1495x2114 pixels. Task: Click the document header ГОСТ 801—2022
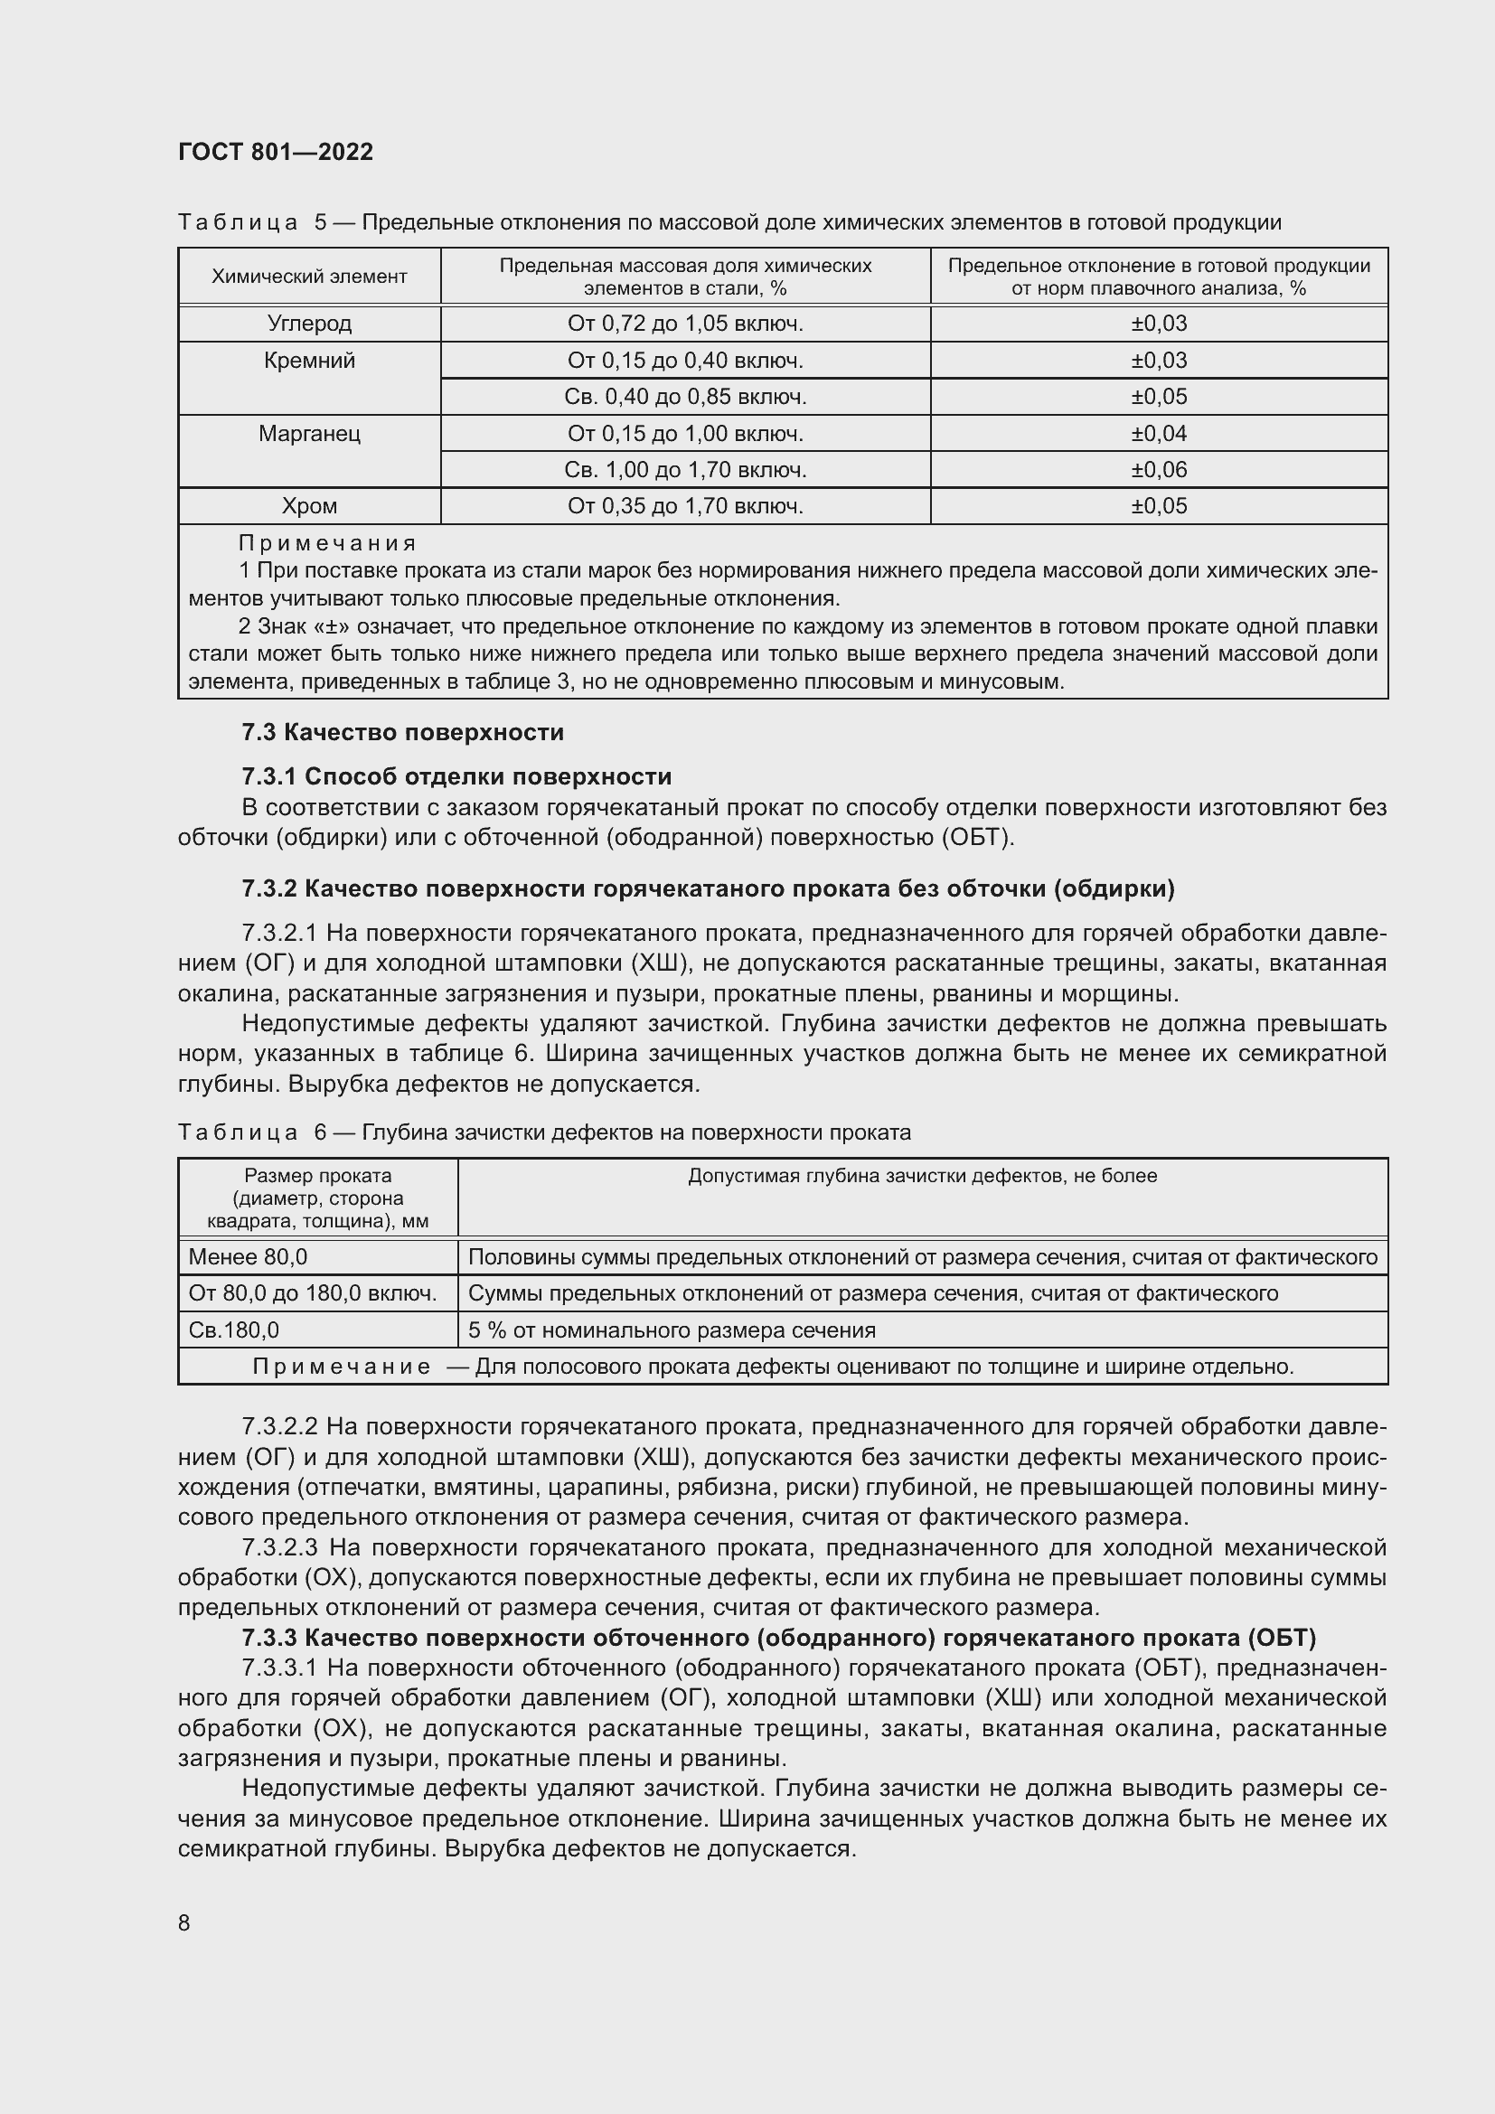click(276, 152)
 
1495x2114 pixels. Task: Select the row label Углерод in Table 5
click(309, 324)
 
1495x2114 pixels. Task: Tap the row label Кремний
click(309, 361)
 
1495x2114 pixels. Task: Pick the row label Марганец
click(309, 434)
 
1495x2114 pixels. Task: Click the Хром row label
click(309, 506)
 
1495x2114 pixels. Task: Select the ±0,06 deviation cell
click(1158, 470)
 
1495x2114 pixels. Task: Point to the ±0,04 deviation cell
click(1158, 434)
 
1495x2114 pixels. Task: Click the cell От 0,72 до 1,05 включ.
click(685, 324)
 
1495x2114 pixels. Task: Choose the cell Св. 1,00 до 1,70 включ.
click(685, 470)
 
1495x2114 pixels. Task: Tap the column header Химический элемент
click(309, 277)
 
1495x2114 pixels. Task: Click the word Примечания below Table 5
click(327, 543)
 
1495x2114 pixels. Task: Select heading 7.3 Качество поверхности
click(402, 733)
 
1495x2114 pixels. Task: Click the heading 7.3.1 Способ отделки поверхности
click(456, 776)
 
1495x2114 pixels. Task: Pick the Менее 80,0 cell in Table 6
click(248, 1257)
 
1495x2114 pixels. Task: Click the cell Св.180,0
click(234, 1329)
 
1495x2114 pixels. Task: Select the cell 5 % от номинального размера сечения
click(671, 1329)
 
